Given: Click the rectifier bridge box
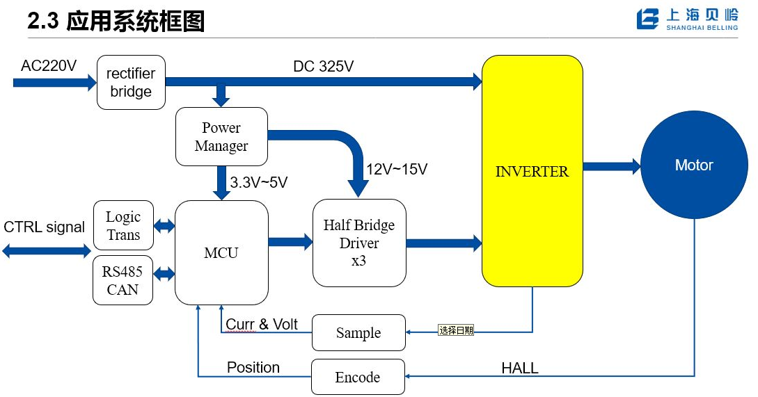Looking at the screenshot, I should pyautogui.click(x=131, y=82).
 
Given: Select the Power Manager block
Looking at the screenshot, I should pyautogui.click(x=221, y=136).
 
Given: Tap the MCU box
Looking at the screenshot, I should pyautogui.click(x=221, y=252).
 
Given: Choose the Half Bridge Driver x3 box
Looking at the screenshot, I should pyautogui.click(x=359, y=243).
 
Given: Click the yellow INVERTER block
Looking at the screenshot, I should pyautogui.click(x=532, y=171).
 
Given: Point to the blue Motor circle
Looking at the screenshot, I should pyautogui.click(x=693, y=165).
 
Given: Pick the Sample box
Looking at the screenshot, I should pyautogui.click(x=358, y=332).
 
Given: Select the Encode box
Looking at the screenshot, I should pyautogui.click(x=358, y=377).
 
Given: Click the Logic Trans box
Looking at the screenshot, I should pyautogui.click(x=123, y=225).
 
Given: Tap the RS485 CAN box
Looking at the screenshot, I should pyautogui.click(x=123, y=280).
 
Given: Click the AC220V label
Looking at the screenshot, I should pyautogui.click(x=49, y=65).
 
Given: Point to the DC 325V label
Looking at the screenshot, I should pyautogui.click(x=323, y=67).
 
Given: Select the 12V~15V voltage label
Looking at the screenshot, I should pyautogui.click(x=397, y=169).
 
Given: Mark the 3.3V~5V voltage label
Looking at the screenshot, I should pyautogui.click(x=259, y=183).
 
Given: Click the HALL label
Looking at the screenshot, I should pyautogui.click(x=519, y=368).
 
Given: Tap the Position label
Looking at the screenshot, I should pyautogui.click(x=253, y=367).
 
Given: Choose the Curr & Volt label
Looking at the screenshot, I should pyautogui.click(x=262, y=324).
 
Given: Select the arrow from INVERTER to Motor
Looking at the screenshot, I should pyautogui.click(x=611, y=166).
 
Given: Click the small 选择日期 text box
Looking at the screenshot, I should pyautogui.click(x=456, y=330).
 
